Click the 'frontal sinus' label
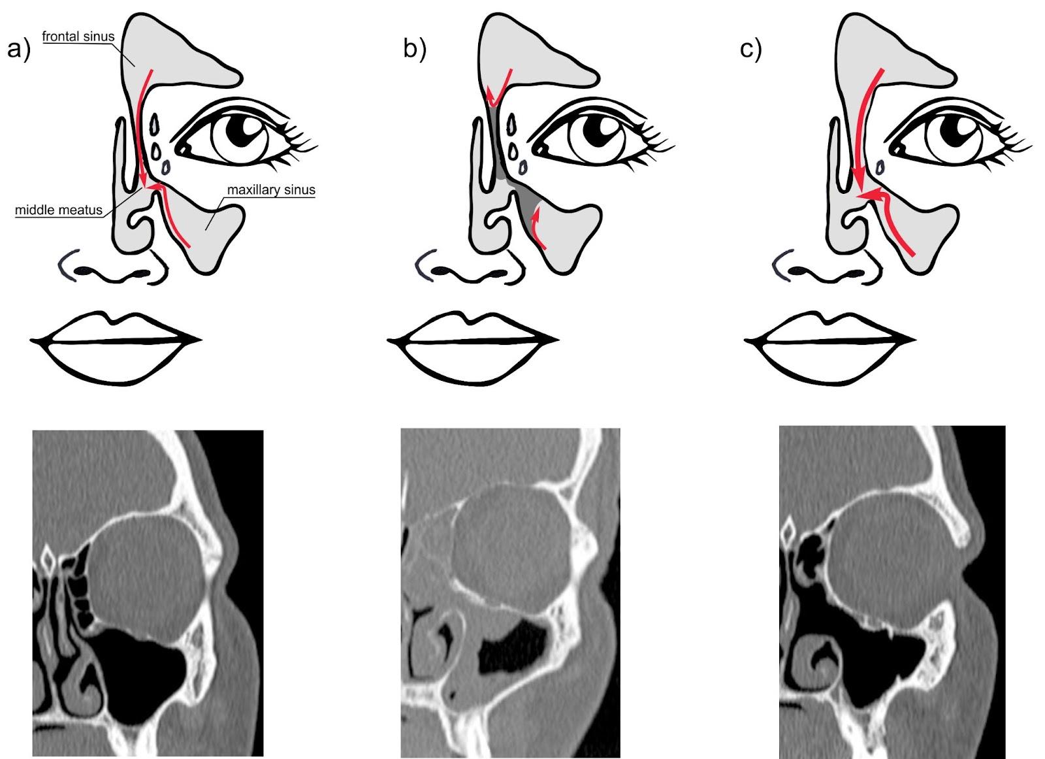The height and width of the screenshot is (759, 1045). click(x=78, y=37)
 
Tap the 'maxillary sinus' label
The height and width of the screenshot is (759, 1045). click(x=270, y=190)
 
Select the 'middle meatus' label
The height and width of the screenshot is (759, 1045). click(x=59, y=210)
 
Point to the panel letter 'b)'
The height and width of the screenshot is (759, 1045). click(x=415, y=48)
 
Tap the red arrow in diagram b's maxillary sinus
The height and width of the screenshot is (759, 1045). click(x=538, y=229)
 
